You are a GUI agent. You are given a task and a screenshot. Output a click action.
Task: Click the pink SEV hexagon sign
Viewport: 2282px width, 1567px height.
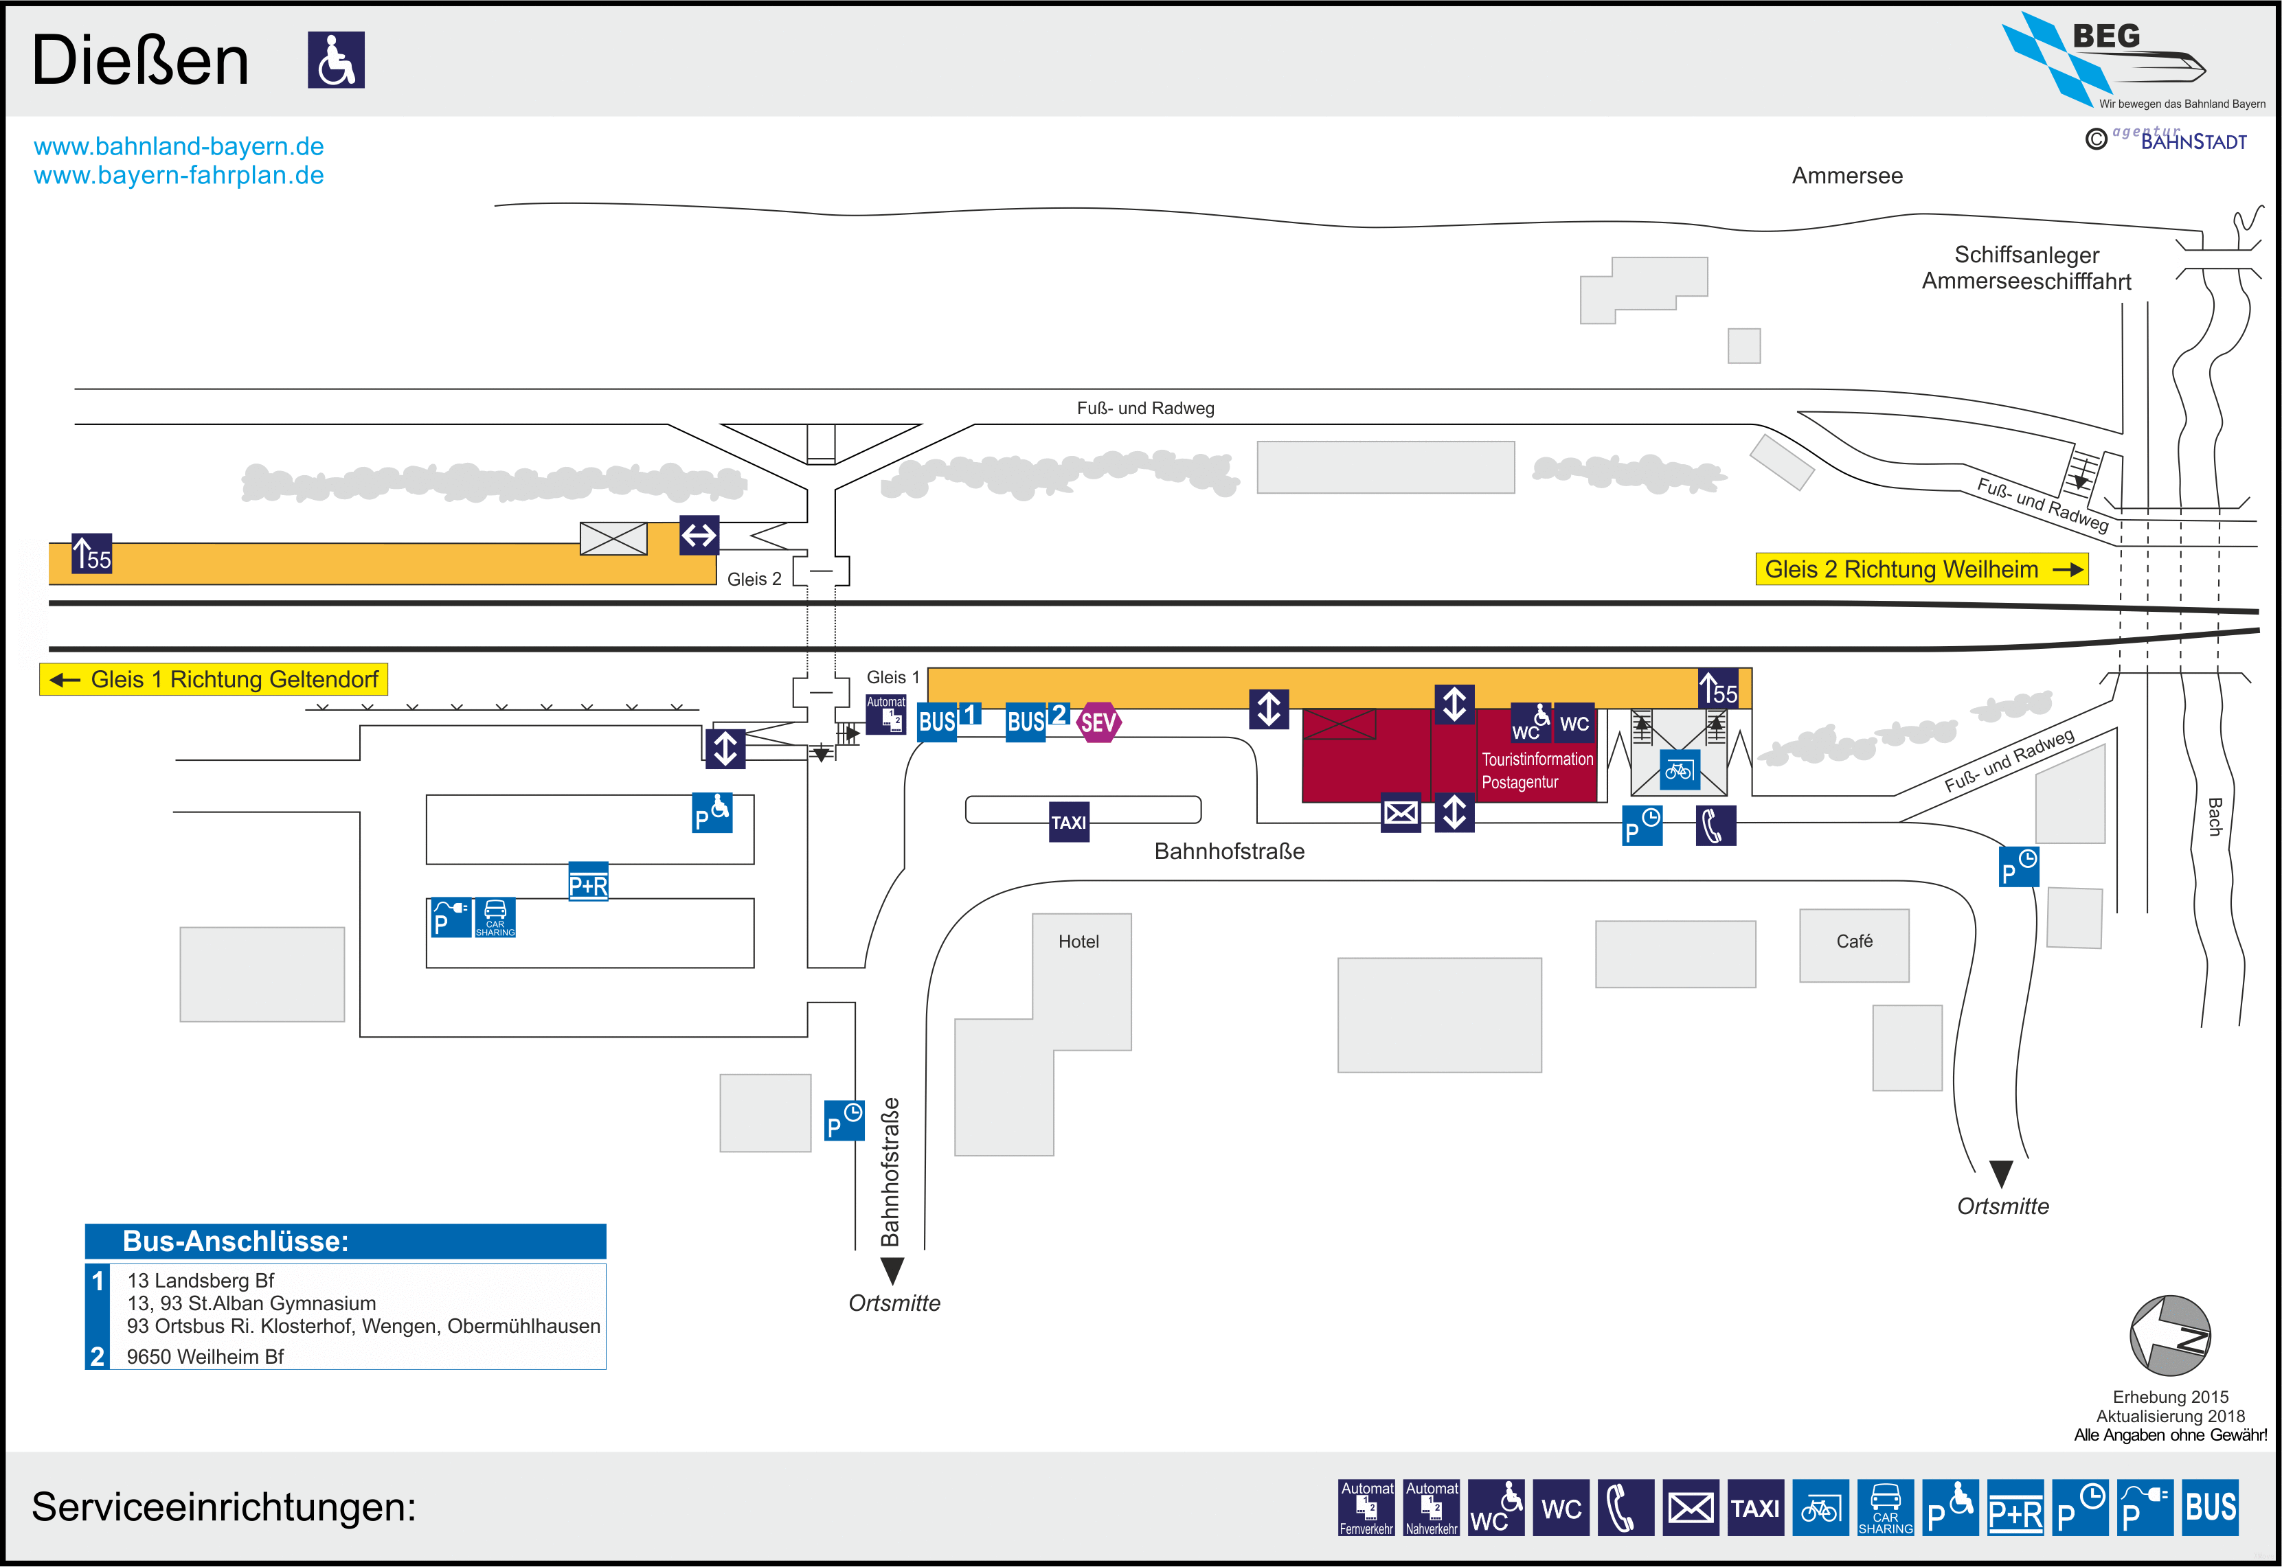[1098, 722]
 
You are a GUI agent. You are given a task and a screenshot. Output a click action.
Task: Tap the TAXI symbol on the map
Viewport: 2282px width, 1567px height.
[1068, 822]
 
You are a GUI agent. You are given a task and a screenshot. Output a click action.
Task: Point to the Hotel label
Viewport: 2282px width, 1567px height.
[1078, 941]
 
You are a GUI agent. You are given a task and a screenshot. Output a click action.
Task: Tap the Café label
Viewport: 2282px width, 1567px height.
[1854, 941]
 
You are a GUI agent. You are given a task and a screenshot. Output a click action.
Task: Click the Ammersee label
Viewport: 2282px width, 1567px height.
[1847, 176]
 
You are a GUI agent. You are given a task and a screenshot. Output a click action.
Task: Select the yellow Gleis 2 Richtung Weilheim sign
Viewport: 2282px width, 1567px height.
[1921, 569]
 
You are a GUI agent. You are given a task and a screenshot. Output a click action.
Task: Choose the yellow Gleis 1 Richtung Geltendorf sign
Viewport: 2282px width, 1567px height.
[214, 679]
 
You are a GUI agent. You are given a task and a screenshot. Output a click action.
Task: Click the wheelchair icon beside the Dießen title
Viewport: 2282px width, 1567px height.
[336, 60]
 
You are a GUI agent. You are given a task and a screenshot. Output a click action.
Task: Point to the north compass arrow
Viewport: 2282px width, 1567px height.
[2169, 1336]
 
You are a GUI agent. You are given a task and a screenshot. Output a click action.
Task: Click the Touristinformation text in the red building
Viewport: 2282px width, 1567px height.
[1537, 759]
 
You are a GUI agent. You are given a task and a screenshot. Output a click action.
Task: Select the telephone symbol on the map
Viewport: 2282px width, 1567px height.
[1715, 825]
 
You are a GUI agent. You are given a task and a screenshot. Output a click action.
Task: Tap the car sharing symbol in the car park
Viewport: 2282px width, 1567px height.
[495, 917]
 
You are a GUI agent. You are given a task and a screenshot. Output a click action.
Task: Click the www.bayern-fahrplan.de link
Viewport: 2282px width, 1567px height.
[179, 176]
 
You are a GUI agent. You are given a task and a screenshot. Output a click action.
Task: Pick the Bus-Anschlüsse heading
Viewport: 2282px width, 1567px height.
[236, 1241]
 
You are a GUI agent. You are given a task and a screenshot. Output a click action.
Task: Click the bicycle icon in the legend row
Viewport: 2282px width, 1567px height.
[1820, 1507]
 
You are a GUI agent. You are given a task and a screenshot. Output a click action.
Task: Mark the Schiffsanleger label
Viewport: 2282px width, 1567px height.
[2026, 255]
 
